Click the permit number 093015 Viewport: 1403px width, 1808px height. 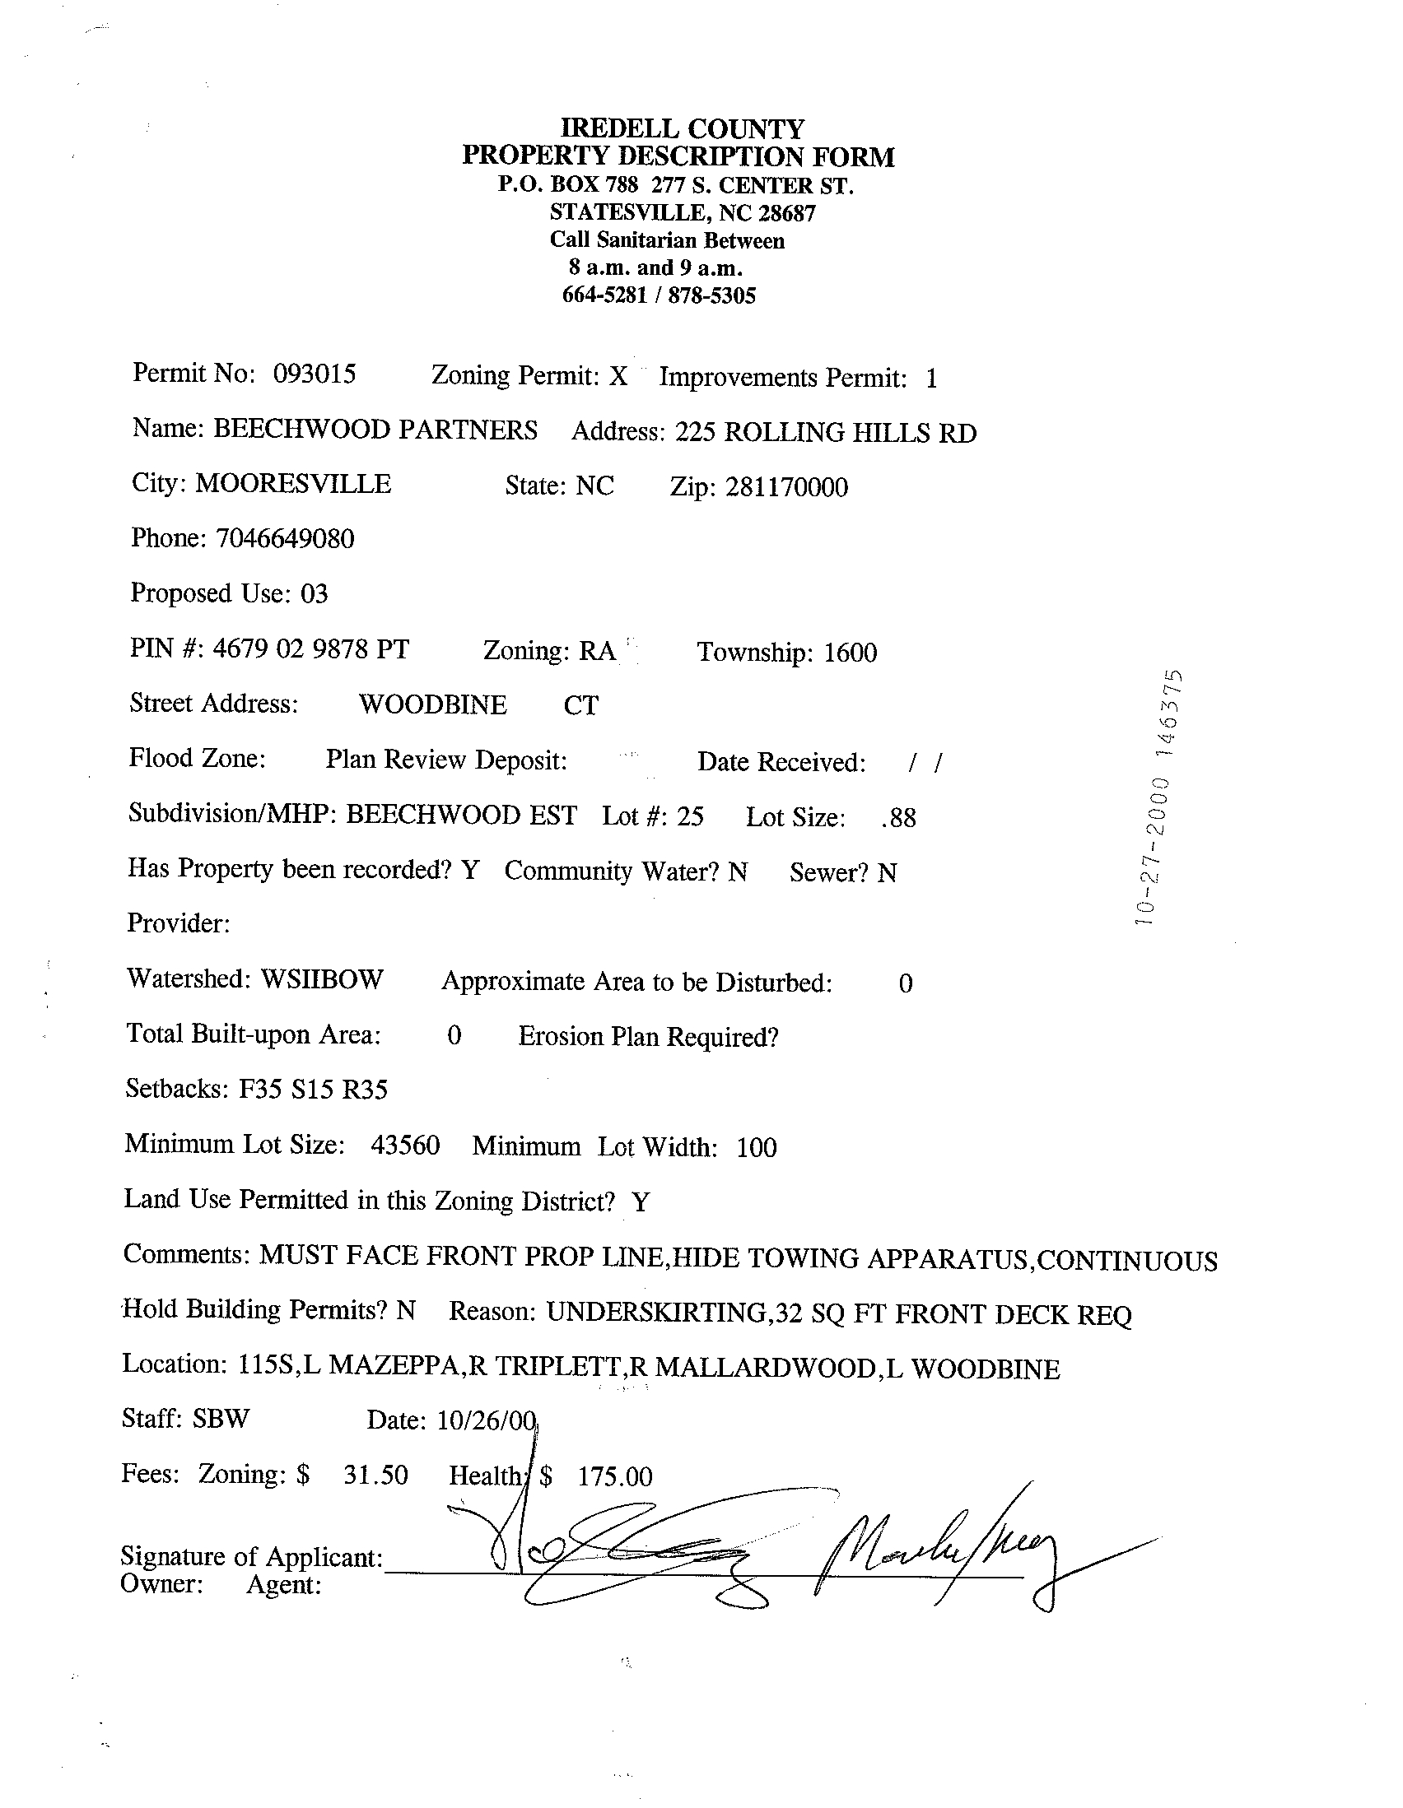tap(314, 374)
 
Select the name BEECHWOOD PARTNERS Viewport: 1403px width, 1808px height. tap(375, 429)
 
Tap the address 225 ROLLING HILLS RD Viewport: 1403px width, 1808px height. tap(825, 432)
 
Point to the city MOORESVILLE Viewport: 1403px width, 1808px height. tap(292, 483)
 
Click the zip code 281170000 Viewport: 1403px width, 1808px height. tap(786, 487)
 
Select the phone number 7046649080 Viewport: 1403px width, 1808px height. tap(284, 539)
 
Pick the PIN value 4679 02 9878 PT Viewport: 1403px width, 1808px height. tap(310, 648)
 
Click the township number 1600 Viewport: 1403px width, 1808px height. tap(850, 653)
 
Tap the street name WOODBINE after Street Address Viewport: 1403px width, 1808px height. tap(432, 704)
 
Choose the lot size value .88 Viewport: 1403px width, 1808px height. tap(898, 818)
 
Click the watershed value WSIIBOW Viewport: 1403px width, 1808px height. tap(321, 978)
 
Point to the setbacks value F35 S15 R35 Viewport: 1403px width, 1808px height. tap(313, 1089)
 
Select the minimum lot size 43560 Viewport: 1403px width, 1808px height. tap(405, 1145)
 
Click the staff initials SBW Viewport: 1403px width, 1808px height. tap(221, 1418)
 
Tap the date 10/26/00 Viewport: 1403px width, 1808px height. tap(486, 1420)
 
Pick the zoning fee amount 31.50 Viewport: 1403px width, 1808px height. tap(375, 1475)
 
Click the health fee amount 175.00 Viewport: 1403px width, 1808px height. tap(614, 1476)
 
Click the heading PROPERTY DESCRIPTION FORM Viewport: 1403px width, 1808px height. tap(678, 156)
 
